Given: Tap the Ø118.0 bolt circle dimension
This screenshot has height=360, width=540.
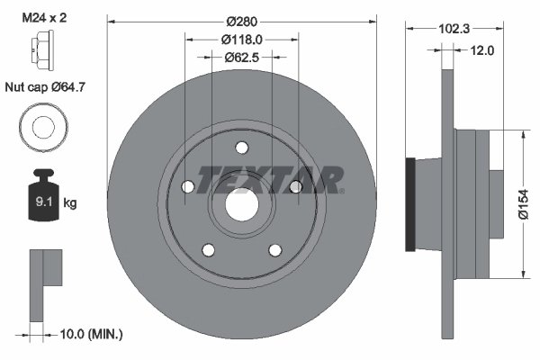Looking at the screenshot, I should (241, 39).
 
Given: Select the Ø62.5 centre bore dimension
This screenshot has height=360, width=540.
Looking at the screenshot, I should (241, 57).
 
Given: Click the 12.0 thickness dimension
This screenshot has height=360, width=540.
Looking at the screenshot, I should (483, 50).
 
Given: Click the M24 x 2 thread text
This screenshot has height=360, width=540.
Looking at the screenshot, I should (43, 17).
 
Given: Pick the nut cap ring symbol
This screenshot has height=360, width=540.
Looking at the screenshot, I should (42, 126).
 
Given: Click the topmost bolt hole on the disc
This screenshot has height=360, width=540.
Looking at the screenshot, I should (241, 148).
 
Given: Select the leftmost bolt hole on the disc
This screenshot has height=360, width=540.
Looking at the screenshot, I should (188, 187).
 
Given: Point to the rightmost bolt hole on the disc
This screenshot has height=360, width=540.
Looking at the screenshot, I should (294, 187).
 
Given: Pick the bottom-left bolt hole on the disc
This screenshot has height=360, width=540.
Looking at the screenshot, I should (208, 249).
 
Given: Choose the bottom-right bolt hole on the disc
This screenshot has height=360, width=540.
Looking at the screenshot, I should (274, 249).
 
